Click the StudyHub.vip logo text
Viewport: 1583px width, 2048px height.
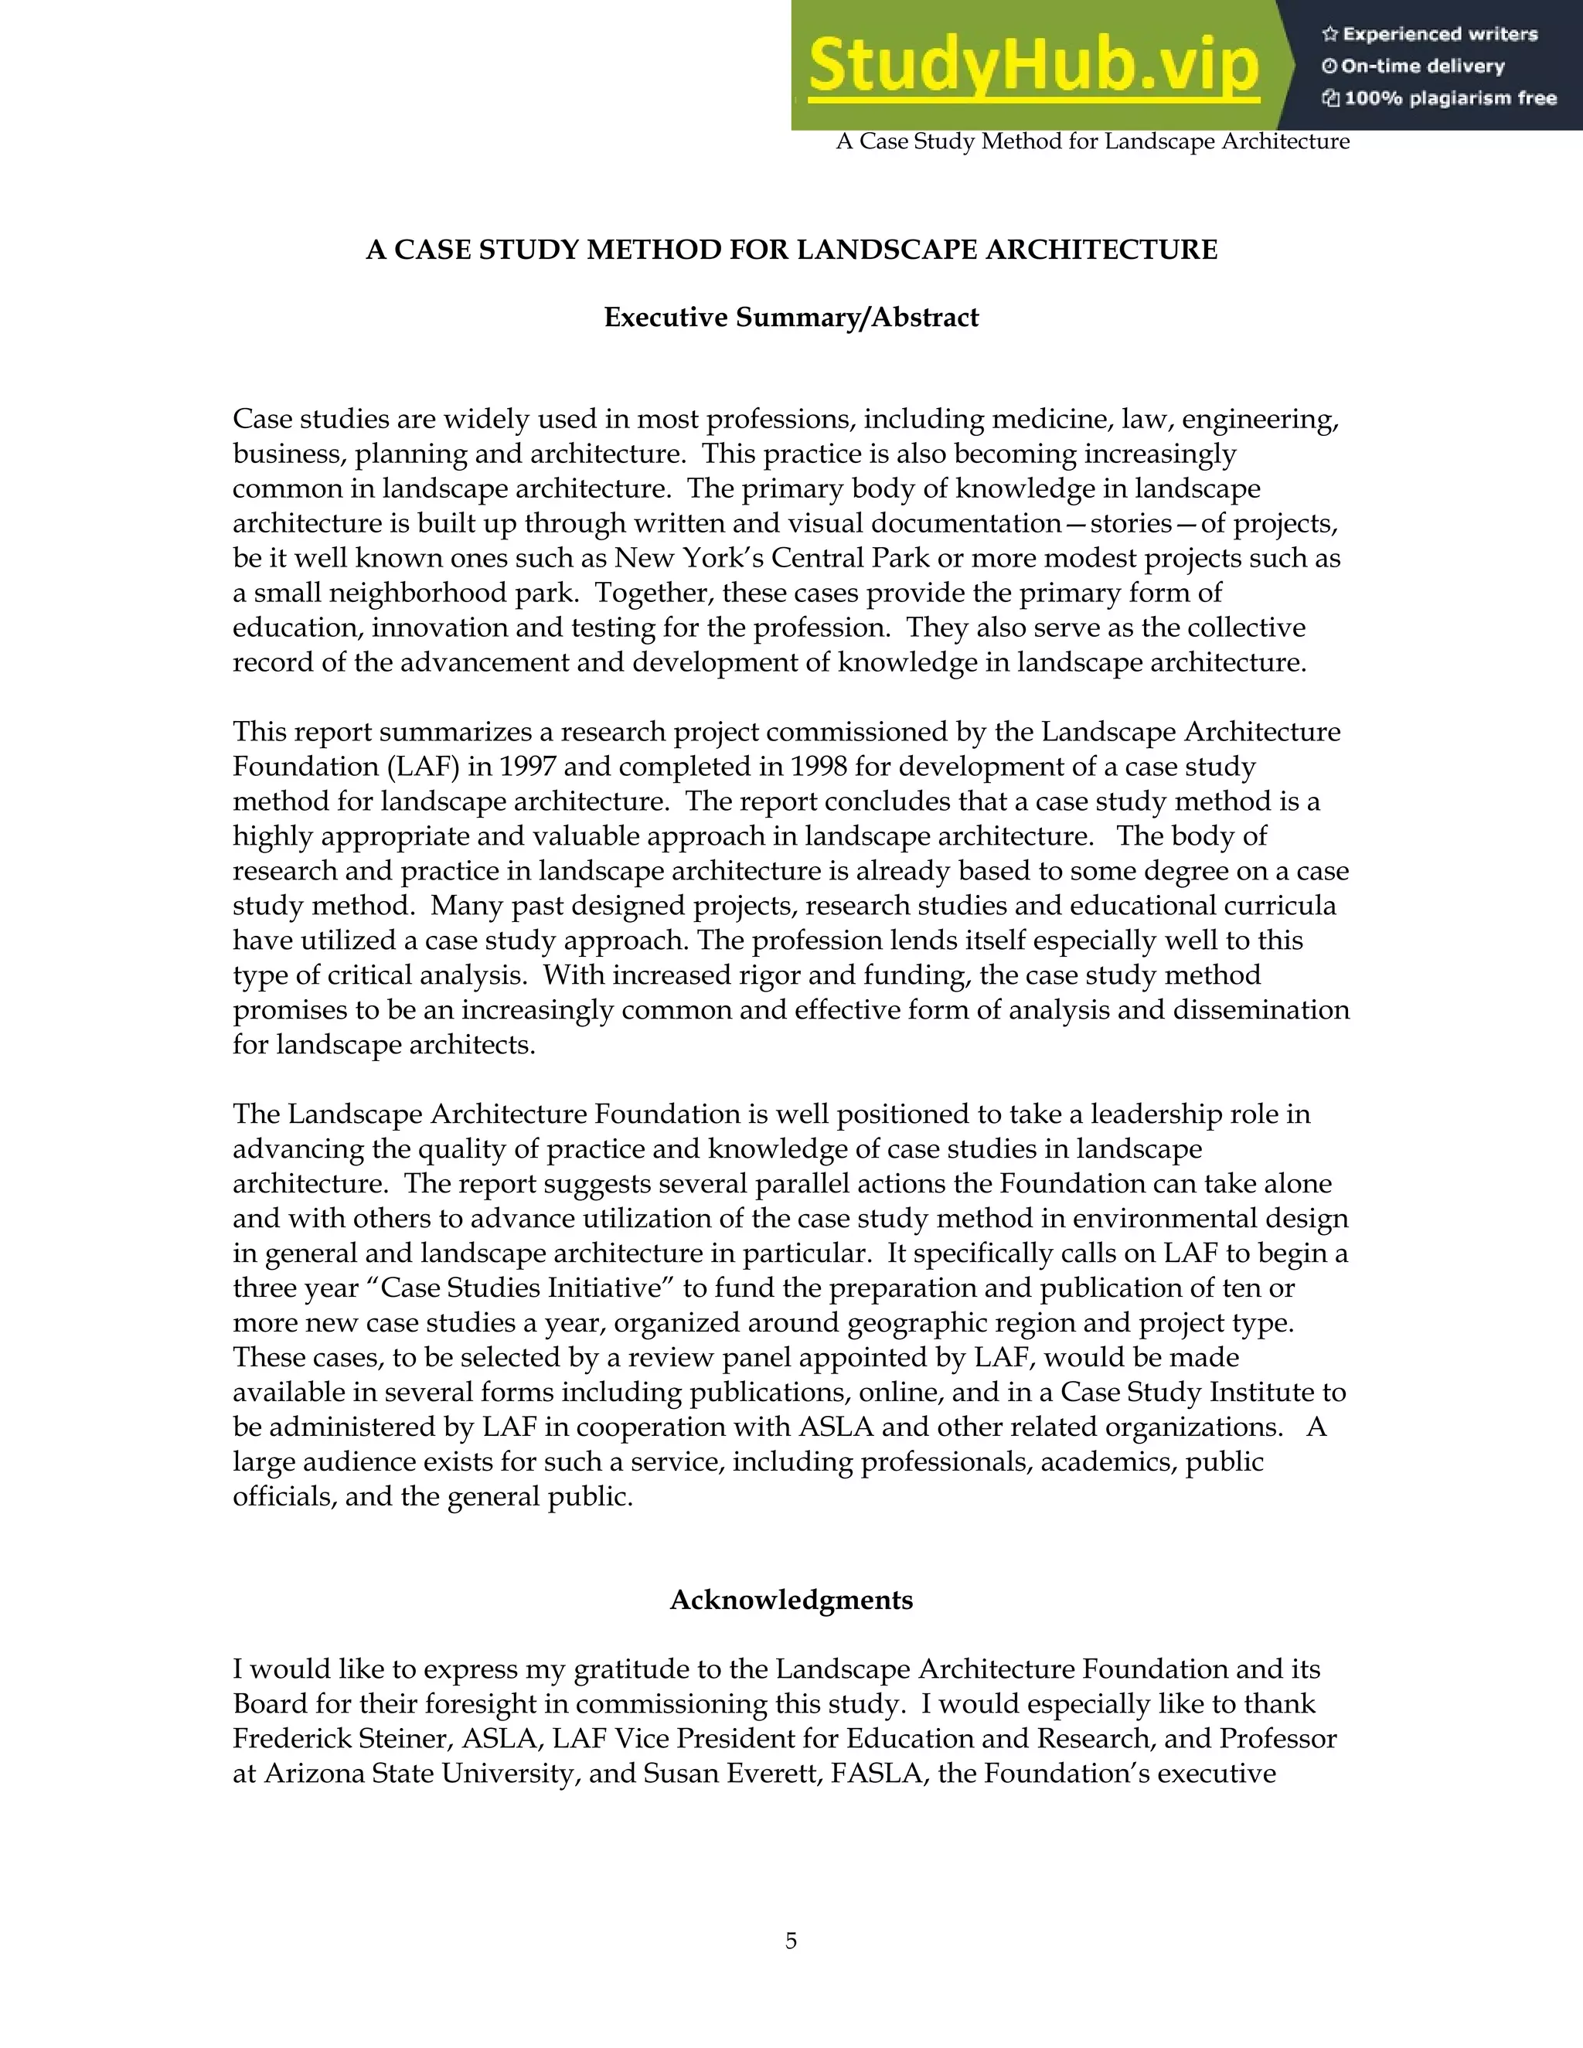1033,66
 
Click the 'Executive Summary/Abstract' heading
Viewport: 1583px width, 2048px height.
791,318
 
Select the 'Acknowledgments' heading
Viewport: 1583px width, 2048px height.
791,1601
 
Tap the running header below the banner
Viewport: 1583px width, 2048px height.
1092,141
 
